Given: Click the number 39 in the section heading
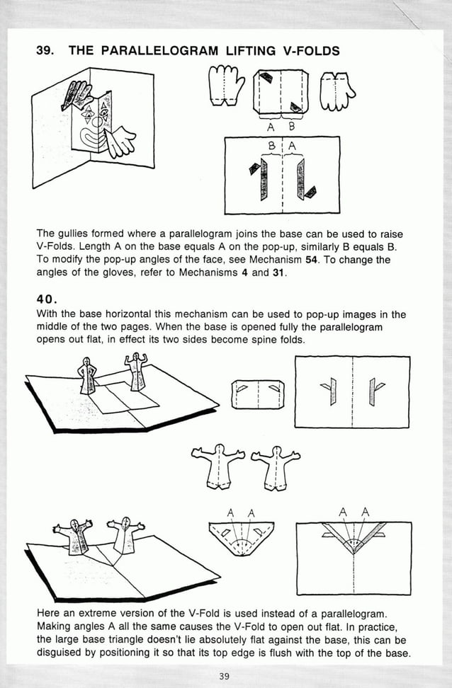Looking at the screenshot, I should point(44,50).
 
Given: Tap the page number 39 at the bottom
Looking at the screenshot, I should point(224,676).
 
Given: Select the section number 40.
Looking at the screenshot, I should point(46,299).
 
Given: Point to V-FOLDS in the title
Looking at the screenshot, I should point(305,50).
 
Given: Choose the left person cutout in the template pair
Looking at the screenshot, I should point(218,467).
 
